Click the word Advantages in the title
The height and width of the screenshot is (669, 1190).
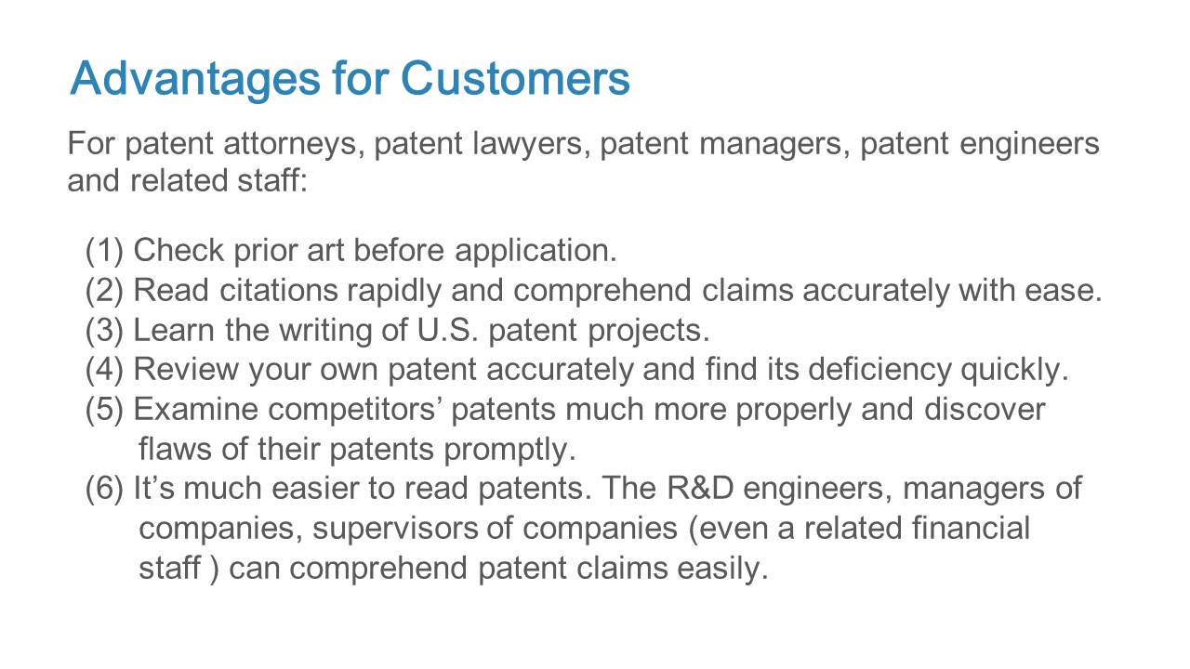tap(195, 80)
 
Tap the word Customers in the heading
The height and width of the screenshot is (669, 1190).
tap(515, 79)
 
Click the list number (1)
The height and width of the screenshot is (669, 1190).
tap(105, 251)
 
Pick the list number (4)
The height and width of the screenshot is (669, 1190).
tap(105, 370)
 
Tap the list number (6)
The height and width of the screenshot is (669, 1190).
tap(105, 489)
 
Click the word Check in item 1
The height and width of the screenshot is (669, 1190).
tap(178, 250)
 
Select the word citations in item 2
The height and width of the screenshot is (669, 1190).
tap(278, 291)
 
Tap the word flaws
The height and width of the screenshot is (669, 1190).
tap(176, 449)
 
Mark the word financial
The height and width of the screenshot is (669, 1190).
tap(972, 528)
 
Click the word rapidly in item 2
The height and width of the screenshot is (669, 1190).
tap(394, 291)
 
